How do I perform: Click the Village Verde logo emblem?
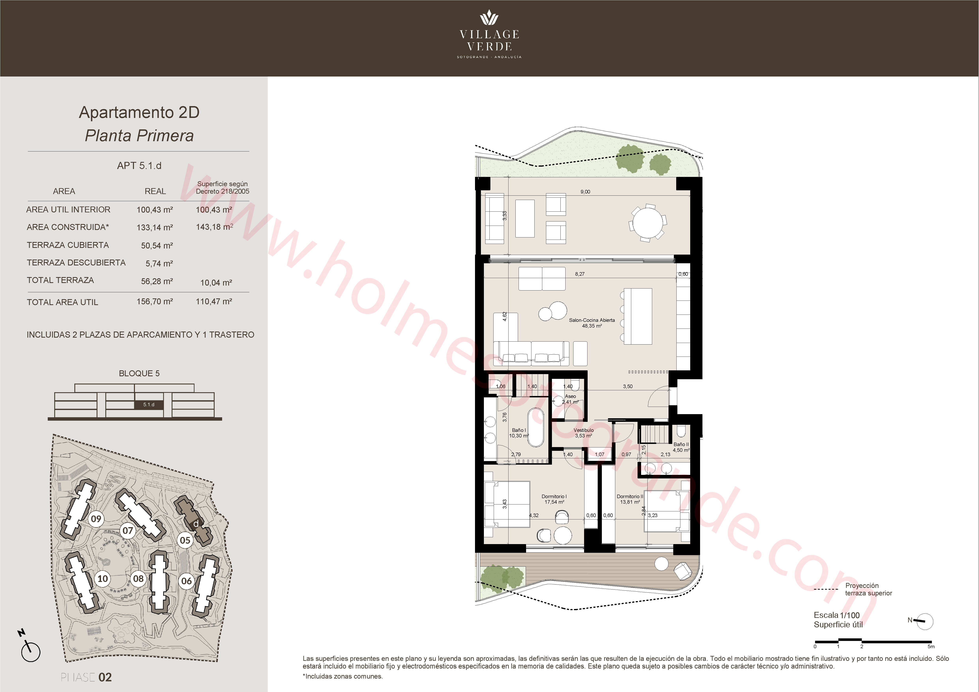[x=489, y=18]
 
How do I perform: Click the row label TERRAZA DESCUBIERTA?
[x=76, y=263]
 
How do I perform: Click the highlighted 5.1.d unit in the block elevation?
[x=149, y=405]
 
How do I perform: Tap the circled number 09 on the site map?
[x=96, y=519]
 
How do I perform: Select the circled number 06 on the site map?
[x=186, y=581]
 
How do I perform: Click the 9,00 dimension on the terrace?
[x=585, y=192]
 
